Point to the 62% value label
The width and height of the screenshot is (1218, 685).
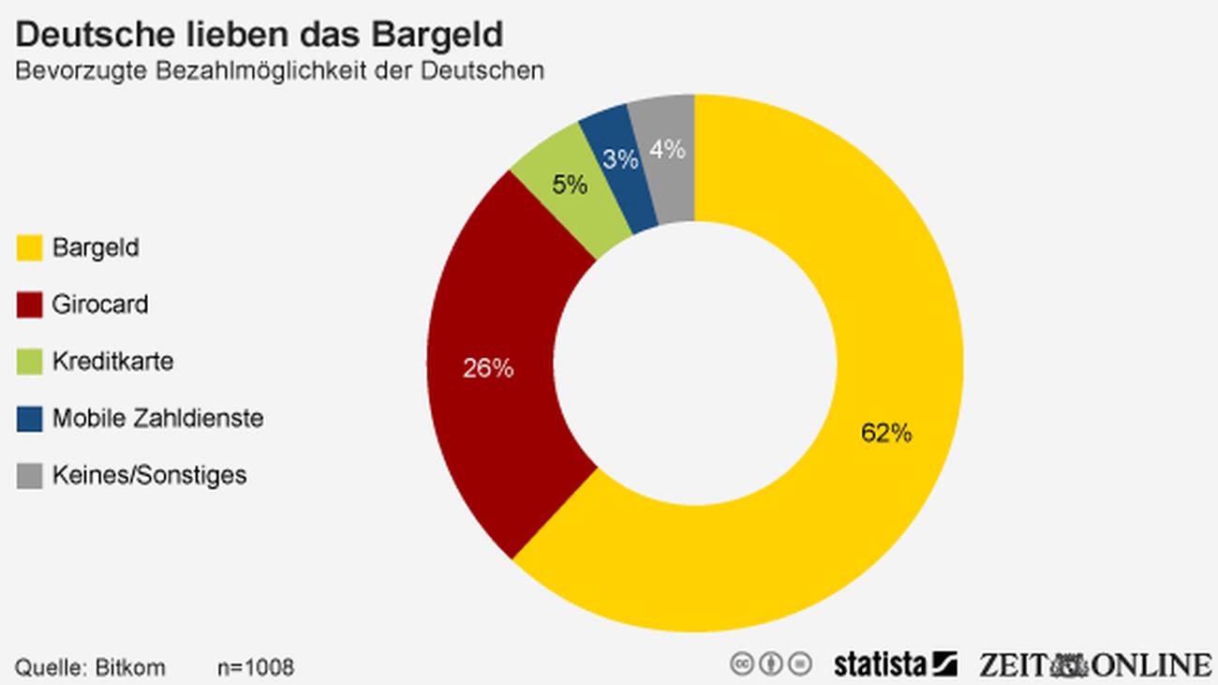click(x=885, y=433)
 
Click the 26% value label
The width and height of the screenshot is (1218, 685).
click(x=488, y=368)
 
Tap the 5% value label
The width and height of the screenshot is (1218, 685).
click(x=570, y=185)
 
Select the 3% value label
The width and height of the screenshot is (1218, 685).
click(x=620, y=160)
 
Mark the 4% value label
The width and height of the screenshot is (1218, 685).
click(x=667, y=149)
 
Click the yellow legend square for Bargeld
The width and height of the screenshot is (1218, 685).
click(x=30, y=248)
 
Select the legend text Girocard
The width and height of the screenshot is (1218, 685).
click(x=99, y=305)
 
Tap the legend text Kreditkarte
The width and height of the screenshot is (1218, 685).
click(x=112, y=361)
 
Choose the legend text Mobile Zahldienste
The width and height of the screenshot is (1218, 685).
click(x=157, y=418)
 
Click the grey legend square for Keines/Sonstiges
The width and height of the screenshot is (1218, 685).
click(x=30, y=475)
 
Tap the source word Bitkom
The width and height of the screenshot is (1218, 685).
click(x=130, y=667)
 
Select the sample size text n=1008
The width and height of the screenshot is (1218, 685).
click(x=255, y=667)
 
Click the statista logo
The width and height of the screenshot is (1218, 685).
click(x=894, y=663)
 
